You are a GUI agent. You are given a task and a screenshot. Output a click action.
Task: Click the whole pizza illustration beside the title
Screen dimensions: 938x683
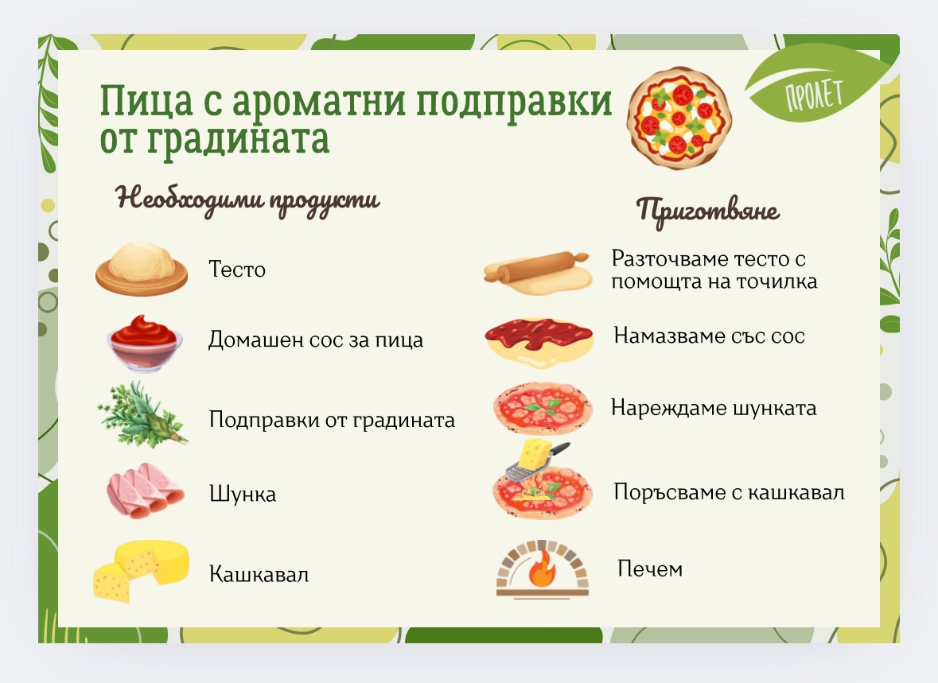coord(679,117)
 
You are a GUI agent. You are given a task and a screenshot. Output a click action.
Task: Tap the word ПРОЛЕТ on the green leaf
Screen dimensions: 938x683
coord(814,95)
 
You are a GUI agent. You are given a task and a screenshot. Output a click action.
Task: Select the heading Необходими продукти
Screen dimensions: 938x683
coord(247,200)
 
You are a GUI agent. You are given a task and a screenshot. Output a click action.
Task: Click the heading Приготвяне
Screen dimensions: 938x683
coord(708,211)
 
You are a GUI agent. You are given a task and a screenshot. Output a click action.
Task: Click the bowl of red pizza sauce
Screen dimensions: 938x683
coord(144,343)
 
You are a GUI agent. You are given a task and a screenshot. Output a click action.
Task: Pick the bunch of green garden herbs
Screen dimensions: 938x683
coord(142,414)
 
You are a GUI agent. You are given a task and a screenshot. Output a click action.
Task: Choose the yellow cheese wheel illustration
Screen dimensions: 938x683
coord(141,571)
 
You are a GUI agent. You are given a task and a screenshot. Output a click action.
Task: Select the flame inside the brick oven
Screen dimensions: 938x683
coord(542,569)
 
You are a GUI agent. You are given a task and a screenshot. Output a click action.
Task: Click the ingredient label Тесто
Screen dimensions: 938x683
coord(237,270)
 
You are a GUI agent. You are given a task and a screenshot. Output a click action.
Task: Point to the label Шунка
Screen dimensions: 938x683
coord(243,495)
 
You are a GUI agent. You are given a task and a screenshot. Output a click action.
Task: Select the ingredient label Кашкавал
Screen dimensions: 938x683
coord(259,574)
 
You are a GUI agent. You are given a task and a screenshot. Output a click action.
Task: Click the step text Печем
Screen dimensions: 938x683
coord(650,569)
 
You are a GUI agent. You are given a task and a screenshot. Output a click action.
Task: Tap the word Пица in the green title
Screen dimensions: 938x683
coord(146,100)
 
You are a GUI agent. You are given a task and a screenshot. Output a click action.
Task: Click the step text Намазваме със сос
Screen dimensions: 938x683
coord(709,336)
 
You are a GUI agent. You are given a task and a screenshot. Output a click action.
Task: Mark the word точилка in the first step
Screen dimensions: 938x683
coord(776,281)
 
